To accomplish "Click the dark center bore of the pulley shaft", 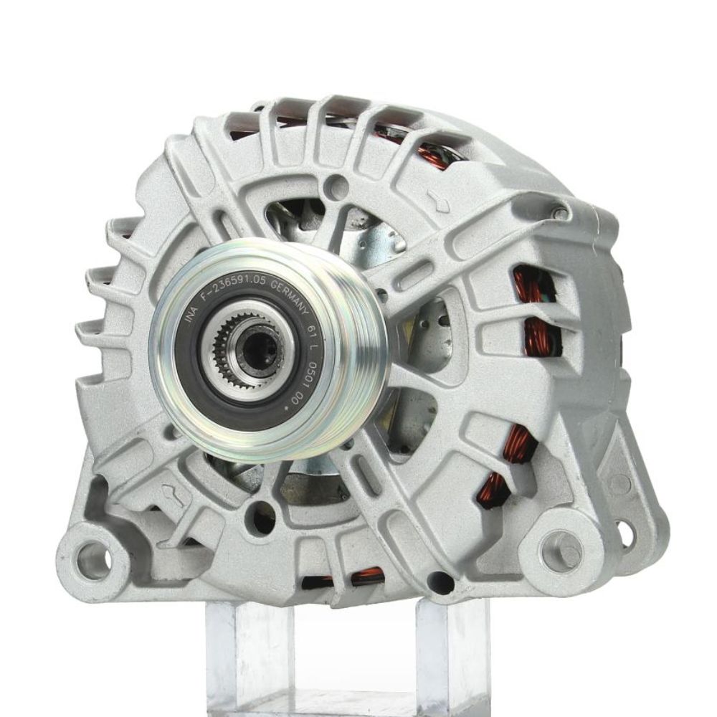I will [x=252, y=349].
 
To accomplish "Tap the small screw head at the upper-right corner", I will [x=560, y=212].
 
